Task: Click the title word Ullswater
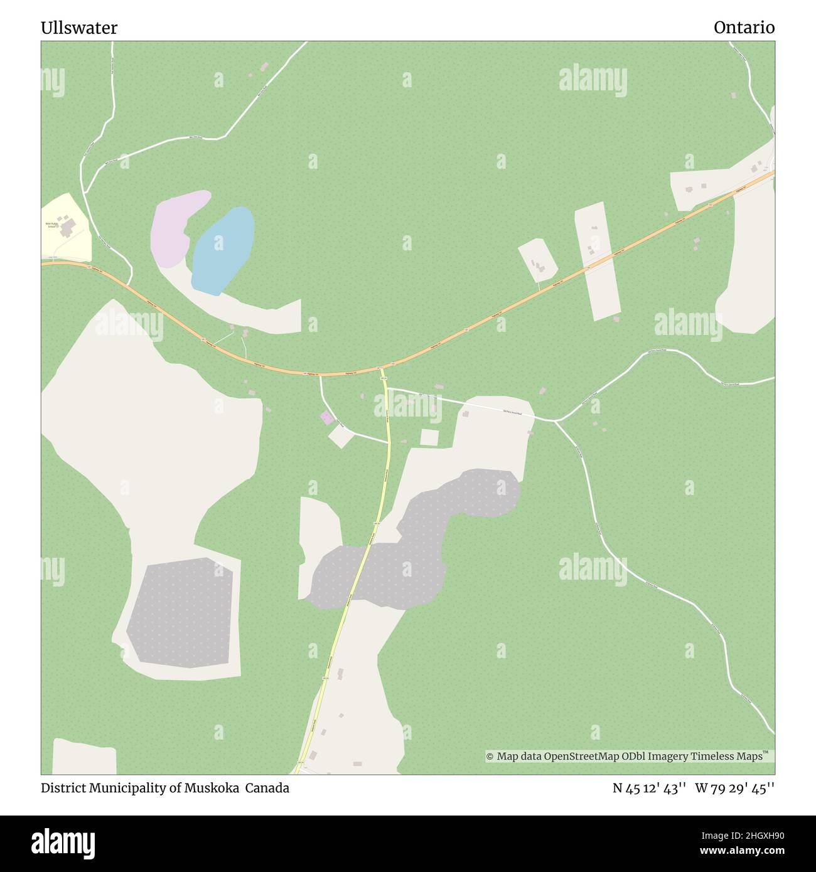point(79,28)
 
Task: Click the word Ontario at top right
point(744,28)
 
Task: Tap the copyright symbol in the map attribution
point(490,757)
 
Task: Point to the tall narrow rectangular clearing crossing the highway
point(597,260)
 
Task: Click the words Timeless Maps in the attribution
point(728,757)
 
